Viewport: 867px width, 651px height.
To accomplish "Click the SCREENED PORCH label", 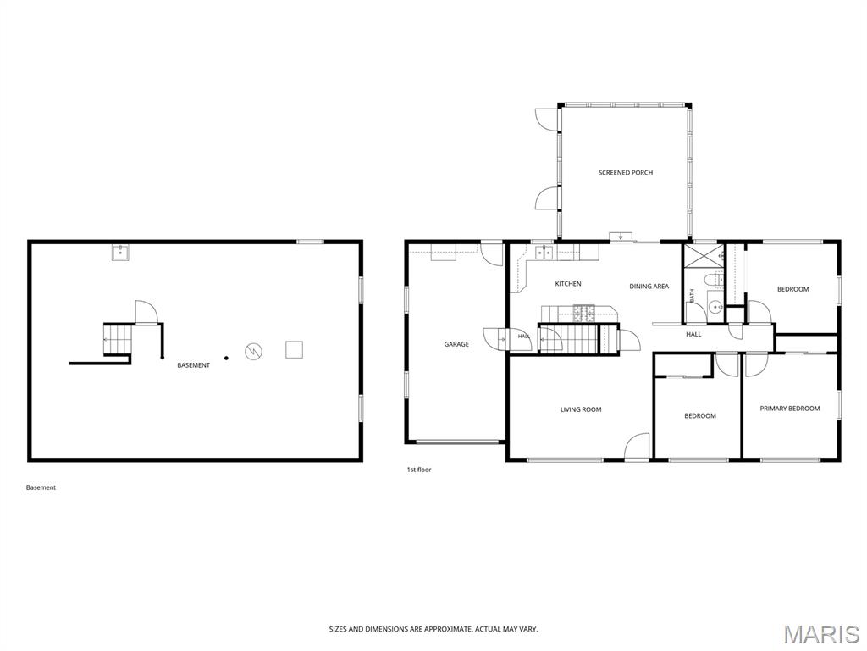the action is (x=626, y=173).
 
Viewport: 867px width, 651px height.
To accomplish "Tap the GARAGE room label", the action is (x=456, y=344).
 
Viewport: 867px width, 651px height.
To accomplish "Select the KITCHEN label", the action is (x=568, y=284).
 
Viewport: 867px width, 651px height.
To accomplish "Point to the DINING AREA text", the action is (x=649, y=287).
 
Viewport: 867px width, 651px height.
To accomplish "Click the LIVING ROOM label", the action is (x=581, y=409).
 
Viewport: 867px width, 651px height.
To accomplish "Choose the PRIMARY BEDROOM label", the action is (x=790, y=409).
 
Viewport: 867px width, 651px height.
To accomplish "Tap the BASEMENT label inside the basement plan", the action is (x=194, y=365).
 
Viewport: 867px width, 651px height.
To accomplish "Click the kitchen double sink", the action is (x=544, y=253).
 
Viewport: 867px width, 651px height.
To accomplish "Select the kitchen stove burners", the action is (x=583, y=314).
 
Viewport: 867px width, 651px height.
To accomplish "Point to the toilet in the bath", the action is (x=715, y=280).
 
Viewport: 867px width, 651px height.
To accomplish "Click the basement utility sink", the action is (x=120, y=253).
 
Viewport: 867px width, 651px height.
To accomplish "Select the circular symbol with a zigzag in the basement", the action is (x=253, y=351).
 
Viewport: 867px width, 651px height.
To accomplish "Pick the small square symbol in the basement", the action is (x=294, y=349).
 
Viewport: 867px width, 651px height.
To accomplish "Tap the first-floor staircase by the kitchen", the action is (x=569, y=339).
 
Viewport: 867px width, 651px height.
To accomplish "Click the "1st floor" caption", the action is (x=419, y=470).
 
